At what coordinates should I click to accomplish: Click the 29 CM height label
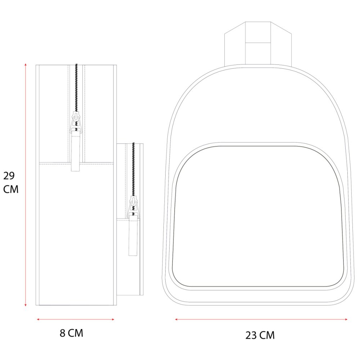[11, 183]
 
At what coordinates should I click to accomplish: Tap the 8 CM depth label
[71, 333]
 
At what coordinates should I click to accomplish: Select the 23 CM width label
[260, 336]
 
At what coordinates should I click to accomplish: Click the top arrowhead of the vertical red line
[26, 65]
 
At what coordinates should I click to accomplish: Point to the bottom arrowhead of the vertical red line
[26, 305]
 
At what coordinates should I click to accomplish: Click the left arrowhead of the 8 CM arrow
[39, 319]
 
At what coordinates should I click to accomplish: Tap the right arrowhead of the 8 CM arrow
[113, 319]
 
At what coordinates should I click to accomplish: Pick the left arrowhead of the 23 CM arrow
[176, 319]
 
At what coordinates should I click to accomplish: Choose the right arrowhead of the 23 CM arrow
[346, 319]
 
